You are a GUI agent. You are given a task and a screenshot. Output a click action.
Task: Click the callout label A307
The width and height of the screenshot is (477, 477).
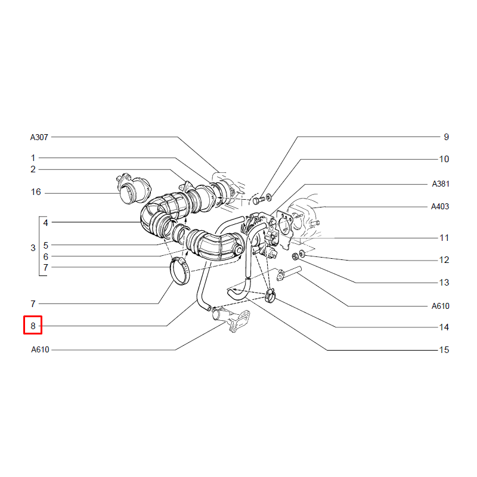point(39,138)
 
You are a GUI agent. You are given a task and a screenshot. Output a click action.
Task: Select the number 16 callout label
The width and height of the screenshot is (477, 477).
point(36,192)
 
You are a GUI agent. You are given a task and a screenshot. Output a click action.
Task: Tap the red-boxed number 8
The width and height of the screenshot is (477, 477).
point(33,326)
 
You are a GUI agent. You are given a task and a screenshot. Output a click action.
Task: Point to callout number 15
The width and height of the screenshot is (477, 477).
point(444,350)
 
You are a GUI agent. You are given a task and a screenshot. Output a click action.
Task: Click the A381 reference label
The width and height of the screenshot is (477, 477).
point(441,184)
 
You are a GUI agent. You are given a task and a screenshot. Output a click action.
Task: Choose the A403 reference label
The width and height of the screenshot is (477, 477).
point(440,206)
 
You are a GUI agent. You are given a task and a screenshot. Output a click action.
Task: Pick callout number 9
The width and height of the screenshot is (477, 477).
point(446,137)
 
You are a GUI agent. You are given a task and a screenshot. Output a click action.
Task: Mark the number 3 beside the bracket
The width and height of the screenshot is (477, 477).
point(33,248)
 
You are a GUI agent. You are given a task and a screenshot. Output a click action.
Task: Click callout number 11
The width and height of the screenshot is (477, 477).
point(444,238)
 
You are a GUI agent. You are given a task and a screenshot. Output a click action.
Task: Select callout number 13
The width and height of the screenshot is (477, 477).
point(444,283)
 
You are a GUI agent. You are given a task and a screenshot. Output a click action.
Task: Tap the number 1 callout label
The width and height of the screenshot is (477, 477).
point(33,158)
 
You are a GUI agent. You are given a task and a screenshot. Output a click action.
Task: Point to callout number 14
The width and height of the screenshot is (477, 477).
point(444,327)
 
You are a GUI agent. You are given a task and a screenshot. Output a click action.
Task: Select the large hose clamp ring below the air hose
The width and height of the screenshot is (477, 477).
point(179,271)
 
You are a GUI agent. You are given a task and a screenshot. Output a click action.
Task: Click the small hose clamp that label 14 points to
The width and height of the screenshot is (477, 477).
point(270,295)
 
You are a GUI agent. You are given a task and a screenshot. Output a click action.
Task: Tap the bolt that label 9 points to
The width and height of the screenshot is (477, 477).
point(259,200)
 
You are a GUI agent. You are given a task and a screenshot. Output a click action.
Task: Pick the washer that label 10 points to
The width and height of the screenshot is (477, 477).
point(269,197)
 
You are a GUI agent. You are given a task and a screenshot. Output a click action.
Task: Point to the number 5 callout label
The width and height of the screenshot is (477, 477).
point(46,246)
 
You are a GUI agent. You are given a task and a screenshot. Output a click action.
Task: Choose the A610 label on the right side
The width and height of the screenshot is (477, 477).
point(440,306)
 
